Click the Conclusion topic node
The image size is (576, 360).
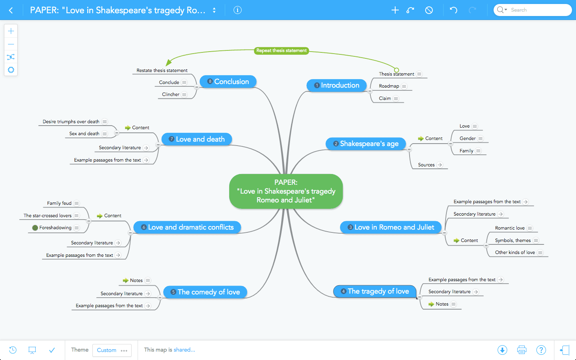tap(228, 82)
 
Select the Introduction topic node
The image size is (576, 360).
tap(337, 85)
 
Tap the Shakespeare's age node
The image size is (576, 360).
tap(366, 144)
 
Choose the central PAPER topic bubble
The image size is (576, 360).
tap(286, 191)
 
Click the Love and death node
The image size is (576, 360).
tap(197, 139)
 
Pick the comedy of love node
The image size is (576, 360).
tap(205, 292)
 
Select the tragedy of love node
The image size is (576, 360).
tap(375, 291)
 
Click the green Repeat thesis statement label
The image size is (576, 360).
tap(282, 51)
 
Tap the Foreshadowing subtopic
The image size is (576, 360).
tap(55, 228)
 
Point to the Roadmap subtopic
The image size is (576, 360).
tap(389, 86)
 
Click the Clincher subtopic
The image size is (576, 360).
tap(171, 94)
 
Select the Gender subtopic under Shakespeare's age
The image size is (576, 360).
tap(467, 138)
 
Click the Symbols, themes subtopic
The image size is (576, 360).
tap(512, 240)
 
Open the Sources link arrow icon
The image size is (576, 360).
tap(440, 165)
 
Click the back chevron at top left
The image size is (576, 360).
tap(11, 10)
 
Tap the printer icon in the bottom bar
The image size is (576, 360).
tap(522, 350)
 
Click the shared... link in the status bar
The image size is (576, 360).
tap(184, 350)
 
